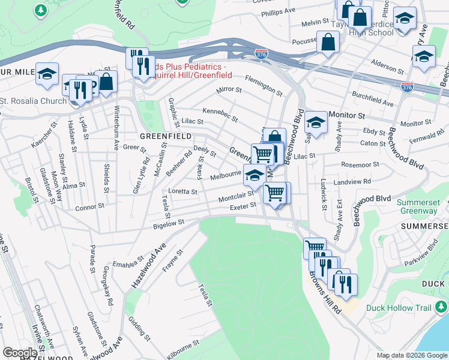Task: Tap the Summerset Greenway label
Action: pyautogui.click(x=422, y=206)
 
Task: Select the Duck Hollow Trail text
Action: pyautogui.click(x=399, y=308)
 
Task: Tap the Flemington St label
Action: pyautogui.click(x=264, y=86)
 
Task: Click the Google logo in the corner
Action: pyautogui.click(x=20, y=353)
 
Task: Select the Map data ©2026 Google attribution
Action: pyautogui.click(x=412, y=355)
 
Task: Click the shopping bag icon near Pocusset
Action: pyautogui.click(x=328, y=42)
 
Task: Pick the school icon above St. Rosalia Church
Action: pyautogui.click(x=47, y=73)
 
